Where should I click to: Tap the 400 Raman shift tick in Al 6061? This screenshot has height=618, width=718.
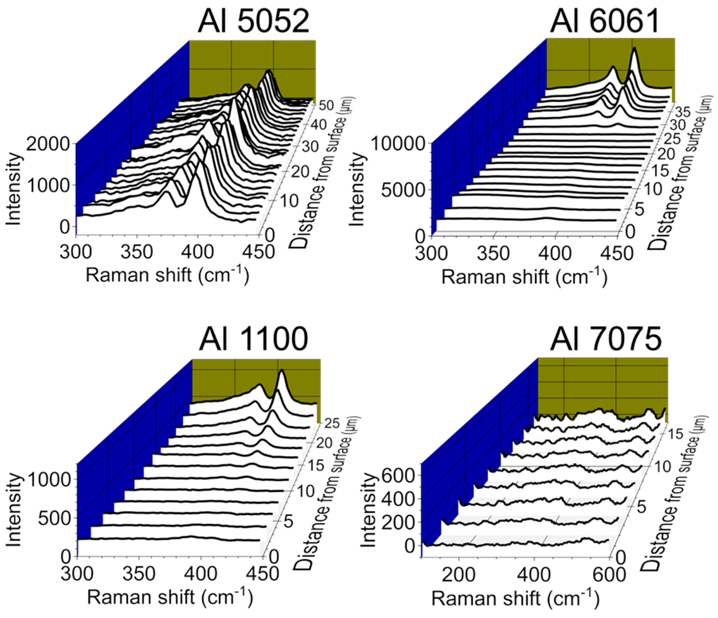555,253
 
